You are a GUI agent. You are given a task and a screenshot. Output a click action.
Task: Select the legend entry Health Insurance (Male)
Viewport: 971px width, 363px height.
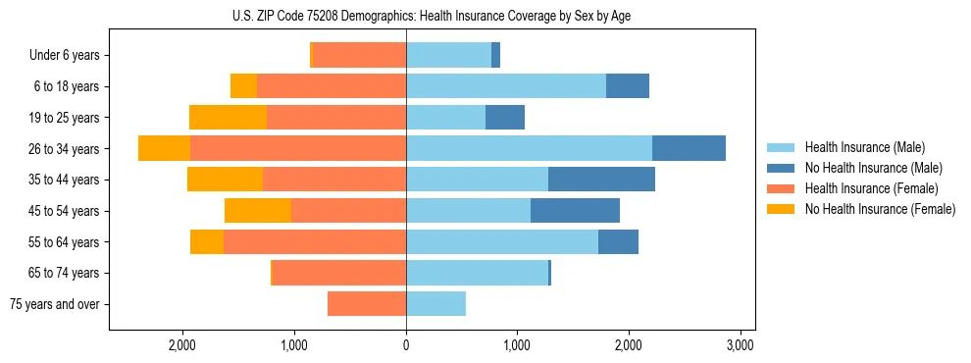click(x=864, y=147)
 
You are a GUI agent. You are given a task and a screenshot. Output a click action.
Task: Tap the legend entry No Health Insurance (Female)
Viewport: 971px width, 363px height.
click(x=880, y=209)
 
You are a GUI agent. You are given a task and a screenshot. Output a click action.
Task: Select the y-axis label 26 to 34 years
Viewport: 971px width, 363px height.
click(x=66, y=149)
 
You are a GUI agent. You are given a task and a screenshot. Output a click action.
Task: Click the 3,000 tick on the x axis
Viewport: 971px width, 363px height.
click(x=740, y=345)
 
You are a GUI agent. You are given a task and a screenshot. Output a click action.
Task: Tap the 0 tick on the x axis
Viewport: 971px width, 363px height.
click(x=406, y=345)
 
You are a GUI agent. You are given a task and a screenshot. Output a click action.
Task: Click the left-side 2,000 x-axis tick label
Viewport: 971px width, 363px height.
click(x=183, y=345)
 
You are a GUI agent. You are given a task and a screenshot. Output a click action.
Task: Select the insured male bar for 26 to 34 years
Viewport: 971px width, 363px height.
click(x=529, y=148)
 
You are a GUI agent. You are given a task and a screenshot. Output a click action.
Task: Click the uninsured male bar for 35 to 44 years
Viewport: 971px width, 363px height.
click(x=601, y=180)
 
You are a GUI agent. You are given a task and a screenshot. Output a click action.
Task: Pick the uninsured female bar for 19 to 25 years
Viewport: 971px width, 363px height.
click(x=228, y=118)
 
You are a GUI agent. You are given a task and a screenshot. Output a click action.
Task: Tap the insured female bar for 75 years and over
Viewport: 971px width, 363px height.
click(x=367, y=304)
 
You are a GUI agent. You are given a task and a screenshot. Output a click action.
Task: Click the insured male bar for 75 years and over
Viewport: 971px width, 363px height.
click(x=435, y=304)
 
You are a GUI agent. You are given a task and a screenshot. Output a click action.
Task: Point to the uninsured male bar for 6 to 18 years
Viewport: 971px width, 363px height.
click(x=628, y=86)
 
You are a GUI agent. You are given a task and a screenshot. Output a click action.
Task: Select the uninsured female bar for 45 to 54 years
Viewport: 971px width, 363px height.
click(x=258, y=211)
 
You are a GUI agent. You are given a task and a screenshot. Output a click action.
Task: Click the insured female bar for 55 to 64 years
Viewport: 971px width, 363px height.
click(x=315, y=241)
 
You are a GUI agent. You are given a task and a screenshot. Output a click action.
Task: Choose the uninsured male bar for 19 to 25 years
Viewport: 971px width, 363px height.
click(x=505, y=118)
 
